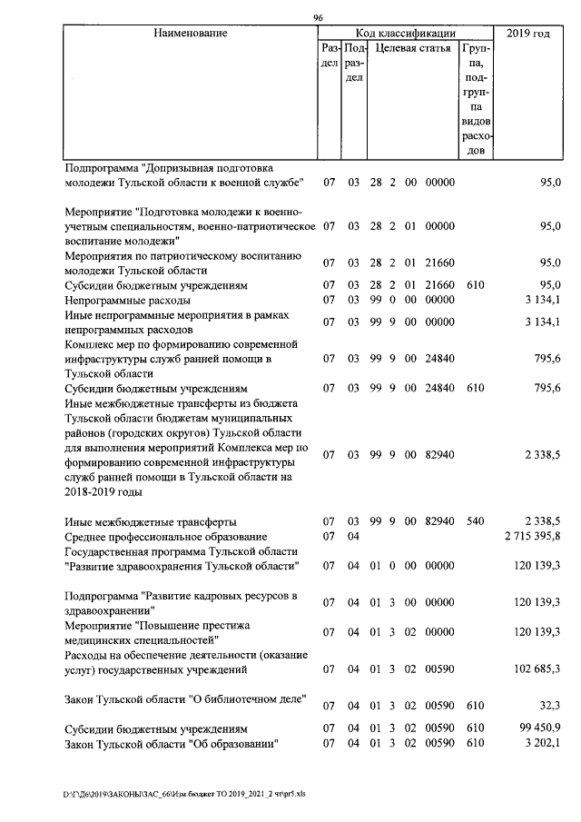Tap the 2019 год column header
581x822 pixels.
click(x=528, y=34)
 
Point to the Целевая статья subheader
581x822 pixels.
click(x=413, y=48)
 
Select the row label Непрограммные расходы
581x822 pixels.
click(x=127, y=300)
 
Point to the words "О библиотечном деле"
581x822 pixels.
click(x=244, y=698)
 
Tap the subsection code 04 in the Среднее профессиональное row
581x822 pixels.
click(x=354, y=537)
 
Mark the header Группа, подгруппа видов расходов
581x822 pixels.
click(x=477, y=98)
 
